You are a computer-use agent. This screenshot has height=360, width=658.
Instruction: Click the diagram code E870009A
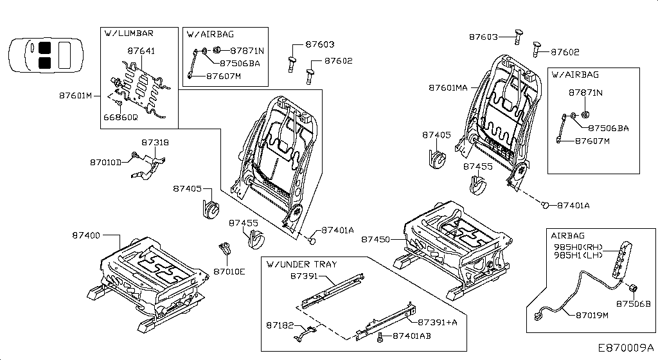coord(621,348)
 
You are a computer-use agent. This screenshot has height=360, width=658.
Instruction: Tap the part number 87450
coord(375,239)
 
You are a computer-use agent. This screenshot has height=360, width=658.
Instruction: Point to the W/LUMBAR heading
coord(129,33)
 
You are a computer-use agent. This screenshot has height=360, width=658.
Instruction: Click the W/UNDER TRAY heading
coord(301,264)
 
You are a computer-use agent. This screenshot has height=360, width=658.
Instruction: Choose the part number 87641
coord(141,50)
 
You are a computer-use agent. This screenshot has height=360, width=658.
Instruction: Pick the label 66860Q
coord(121,118)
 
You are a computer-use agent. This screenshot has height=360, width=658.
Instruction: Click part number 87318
coord(155,142)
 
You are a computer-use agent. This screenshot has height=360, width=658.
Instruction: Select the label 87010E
coord(229,271)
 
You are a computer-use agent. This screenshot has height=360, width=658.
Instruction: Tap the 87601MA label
coord(449,87)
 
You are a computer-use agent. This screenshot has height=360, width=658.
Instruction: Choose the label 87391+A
coord(438,321)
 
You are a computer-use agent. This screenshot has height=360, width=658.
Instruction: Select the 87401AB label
coord(412,336)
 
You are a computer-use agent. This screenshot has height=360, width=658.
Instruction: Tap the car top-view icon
coord(44,53)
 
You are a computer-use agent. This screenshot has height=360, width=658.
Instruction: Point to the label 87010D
coord(105,163)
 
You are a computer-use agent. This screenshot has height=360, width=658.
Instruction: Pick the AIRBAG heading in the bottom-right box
coord(567,235)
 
